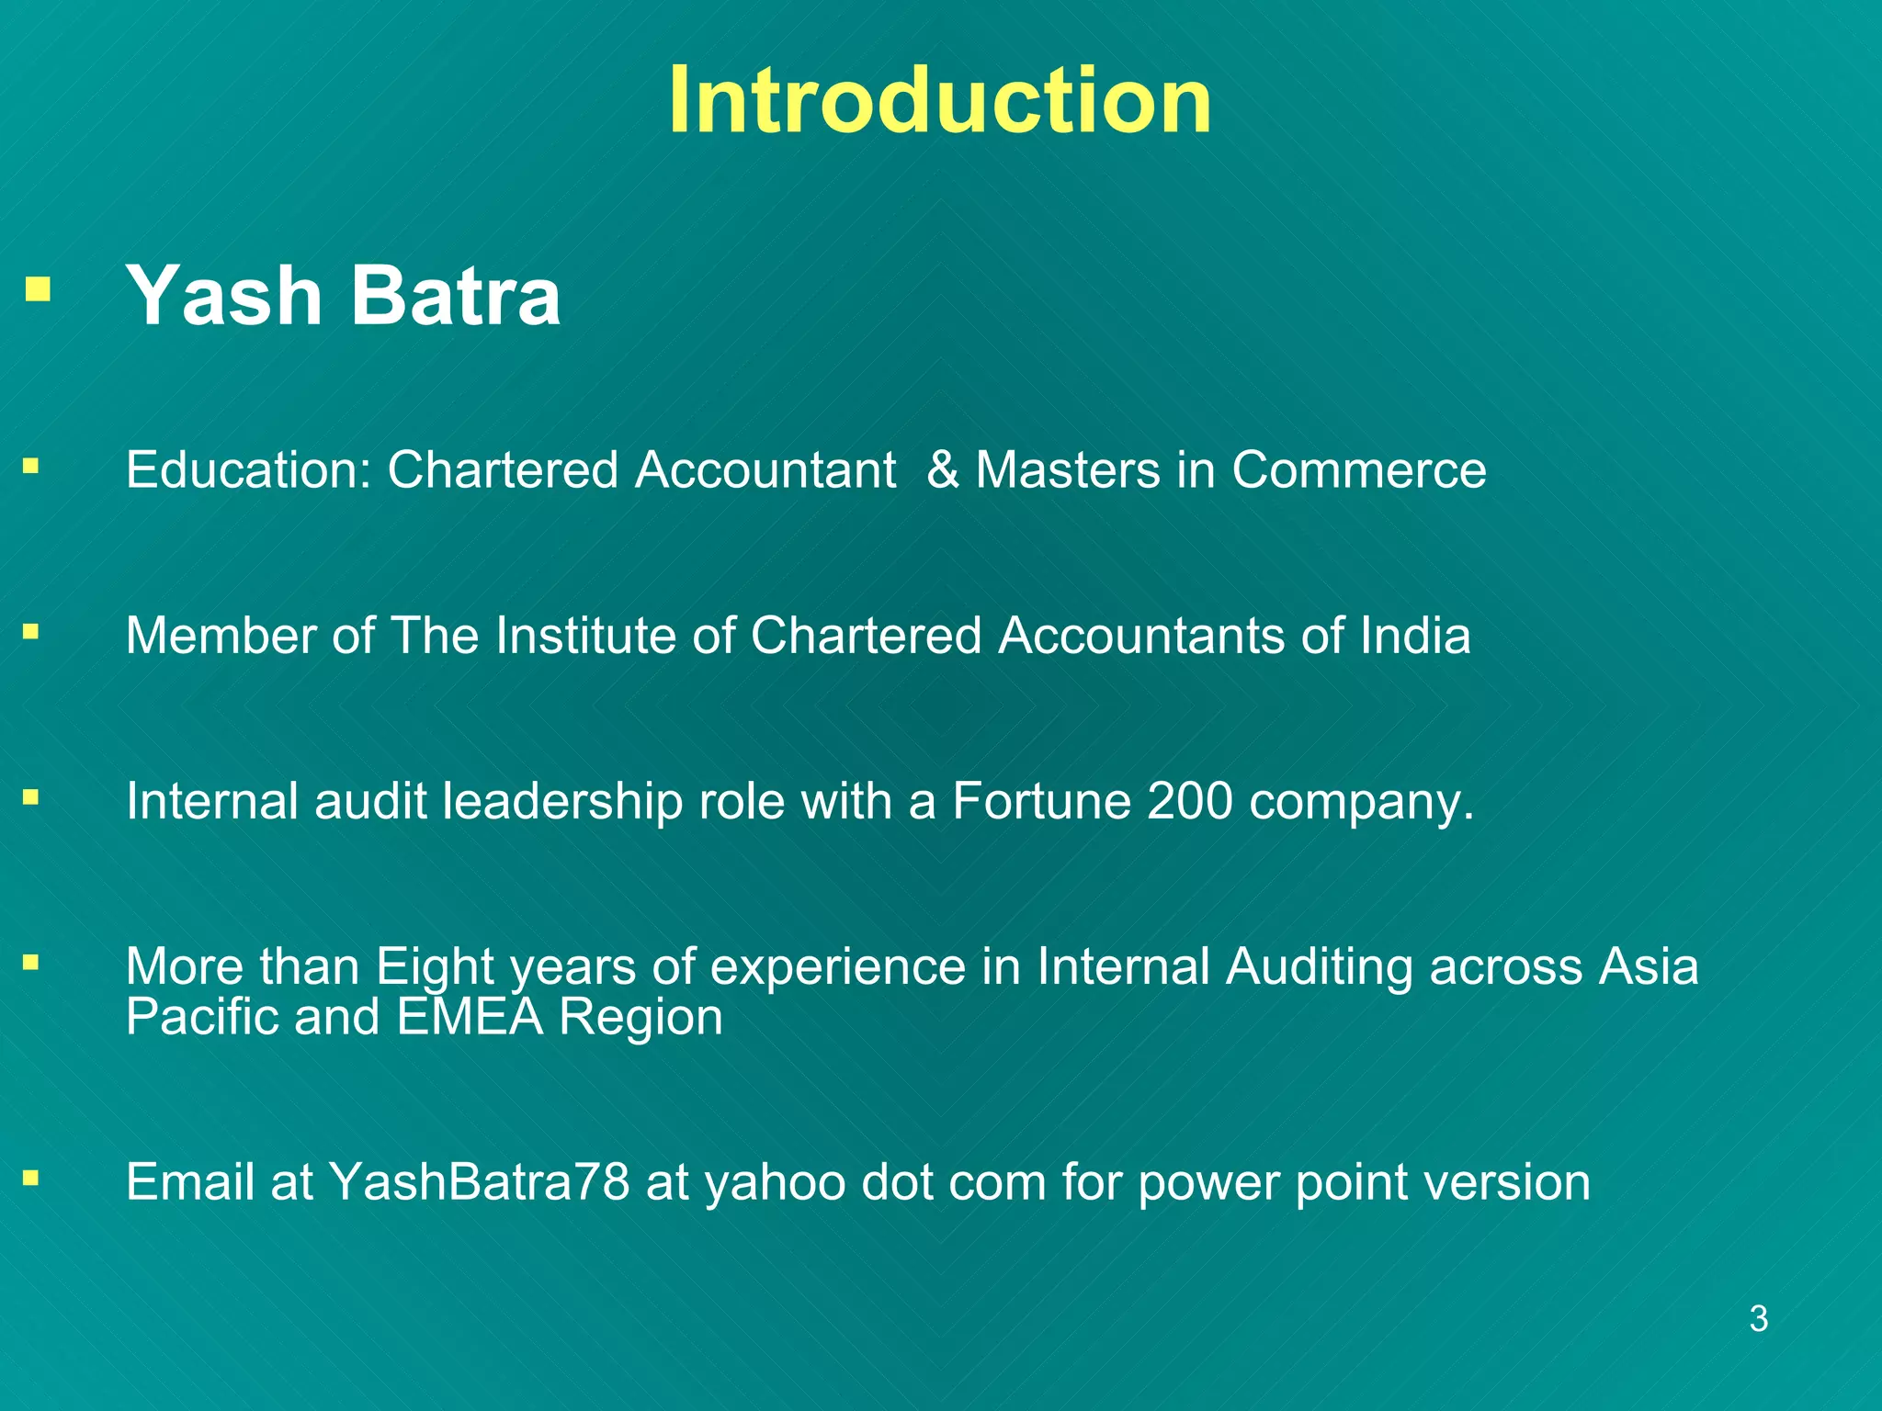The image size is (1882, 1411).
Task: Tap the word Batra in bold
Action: pyautogui.click(x=455, y=296)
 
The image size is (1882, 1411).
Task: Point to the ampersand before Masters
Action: pyautogui.click(x=943, y=470)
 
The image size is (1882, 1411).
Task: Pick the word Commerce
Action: pyautogui.click(x=1358, y=470)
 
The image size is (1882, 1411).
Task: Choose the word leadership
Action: pyautogui.click(x=562, y=801)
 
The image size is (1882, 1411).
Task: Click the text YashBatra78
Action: pyautogui.click(x=479, y=1182)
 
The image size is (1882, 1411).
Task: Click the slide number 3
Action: pyautogui.click(x=1758, y=1319)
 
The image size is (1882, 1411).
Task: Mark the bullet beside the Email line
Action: pyautogui.click(x=31, y=1177)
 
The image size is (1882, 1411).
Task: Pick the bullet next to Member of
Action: pyautogui.click(x=31, y=631)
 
